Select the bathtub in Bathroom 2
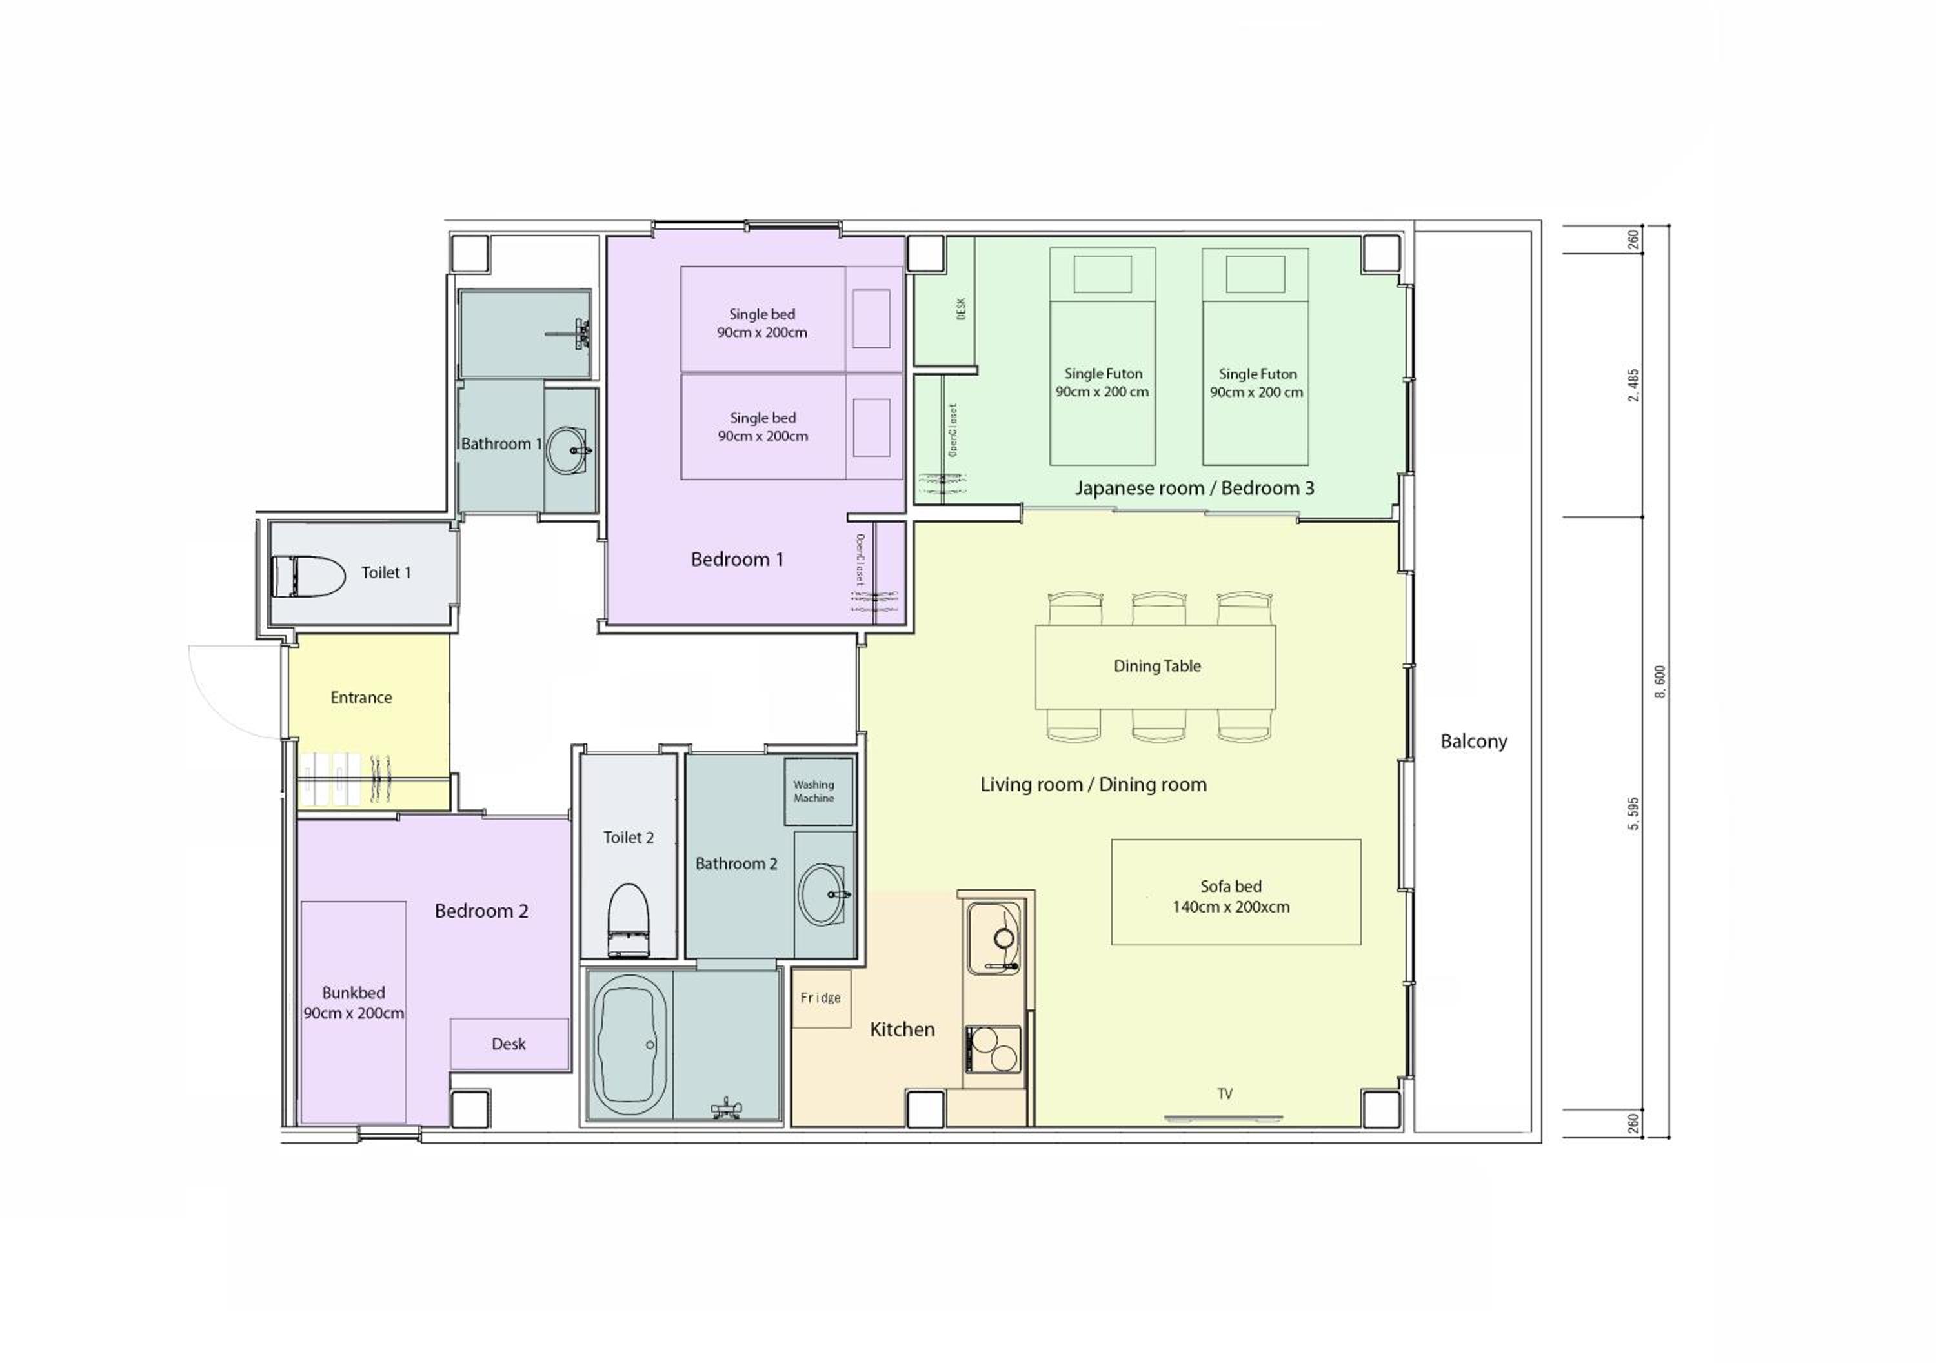[x=630, y=1045]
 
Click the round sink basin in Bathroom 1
[x=569, y=450]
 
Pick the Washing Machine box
[x=818, y=791]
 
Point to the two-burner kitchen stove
[x=993, y=1049]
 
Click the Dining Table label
[x=1157, y=665]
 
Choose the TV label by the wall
[x=1224, y=1094]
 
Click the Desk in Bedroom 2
[x=509, y=1044]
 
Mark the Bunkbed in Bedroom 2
[x=353, y=1012]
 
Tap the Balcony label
[x=1473, y=742]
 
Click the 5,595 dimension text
[x=1633, y=813]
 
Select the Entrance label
[x=361, y=698]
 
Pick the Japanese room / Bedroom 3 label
[x=1194, y=487]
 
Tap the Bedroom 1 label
[x=737, y=559]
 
